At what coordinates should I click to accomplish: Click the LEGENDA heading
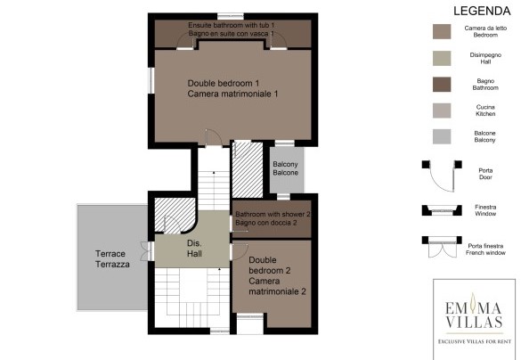(482, 11)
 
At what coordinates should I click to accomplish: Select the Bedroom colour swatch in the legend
(442, 31)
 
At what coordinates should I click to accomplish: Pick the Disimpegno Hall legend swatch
(442, 58)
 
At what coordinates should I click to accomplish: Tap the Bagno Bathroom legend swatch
(442, 85)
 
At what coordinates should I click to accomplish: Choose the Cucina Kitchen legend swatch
(442, 110)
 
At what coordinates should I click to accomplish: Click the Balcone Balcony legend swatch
(442, 136)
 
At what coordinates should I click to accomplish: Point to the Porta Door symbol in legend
(442, 176)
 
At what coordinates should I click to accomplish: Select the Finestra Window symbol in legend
(442, 210)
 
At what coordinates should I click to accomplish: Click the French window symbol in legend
(442, 247)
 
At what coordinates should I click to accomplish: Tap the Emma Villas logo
(474, 320)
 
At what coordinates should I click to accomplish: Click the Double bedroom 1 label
(232, 88)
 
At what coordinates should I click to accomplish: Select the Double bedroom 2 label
(277, 275)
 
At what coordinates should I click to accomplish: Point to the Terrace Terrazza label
(112, 259)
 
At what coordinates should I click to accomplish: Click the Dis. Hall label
(194, 249)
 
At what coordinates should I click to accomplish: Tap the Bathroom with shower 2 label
(273, 218)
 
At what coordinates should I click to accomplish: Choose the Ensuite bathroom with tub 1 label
(232, 29)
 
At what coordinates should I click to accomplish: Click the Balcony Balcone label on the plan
(285, 168)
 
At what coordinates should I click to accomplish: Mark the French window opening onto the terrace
(147, 251)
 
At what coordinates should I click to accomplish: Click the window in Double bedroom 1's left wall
(151, 80)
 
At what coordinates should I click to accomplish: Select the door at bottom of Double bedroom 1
(214, 138)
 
